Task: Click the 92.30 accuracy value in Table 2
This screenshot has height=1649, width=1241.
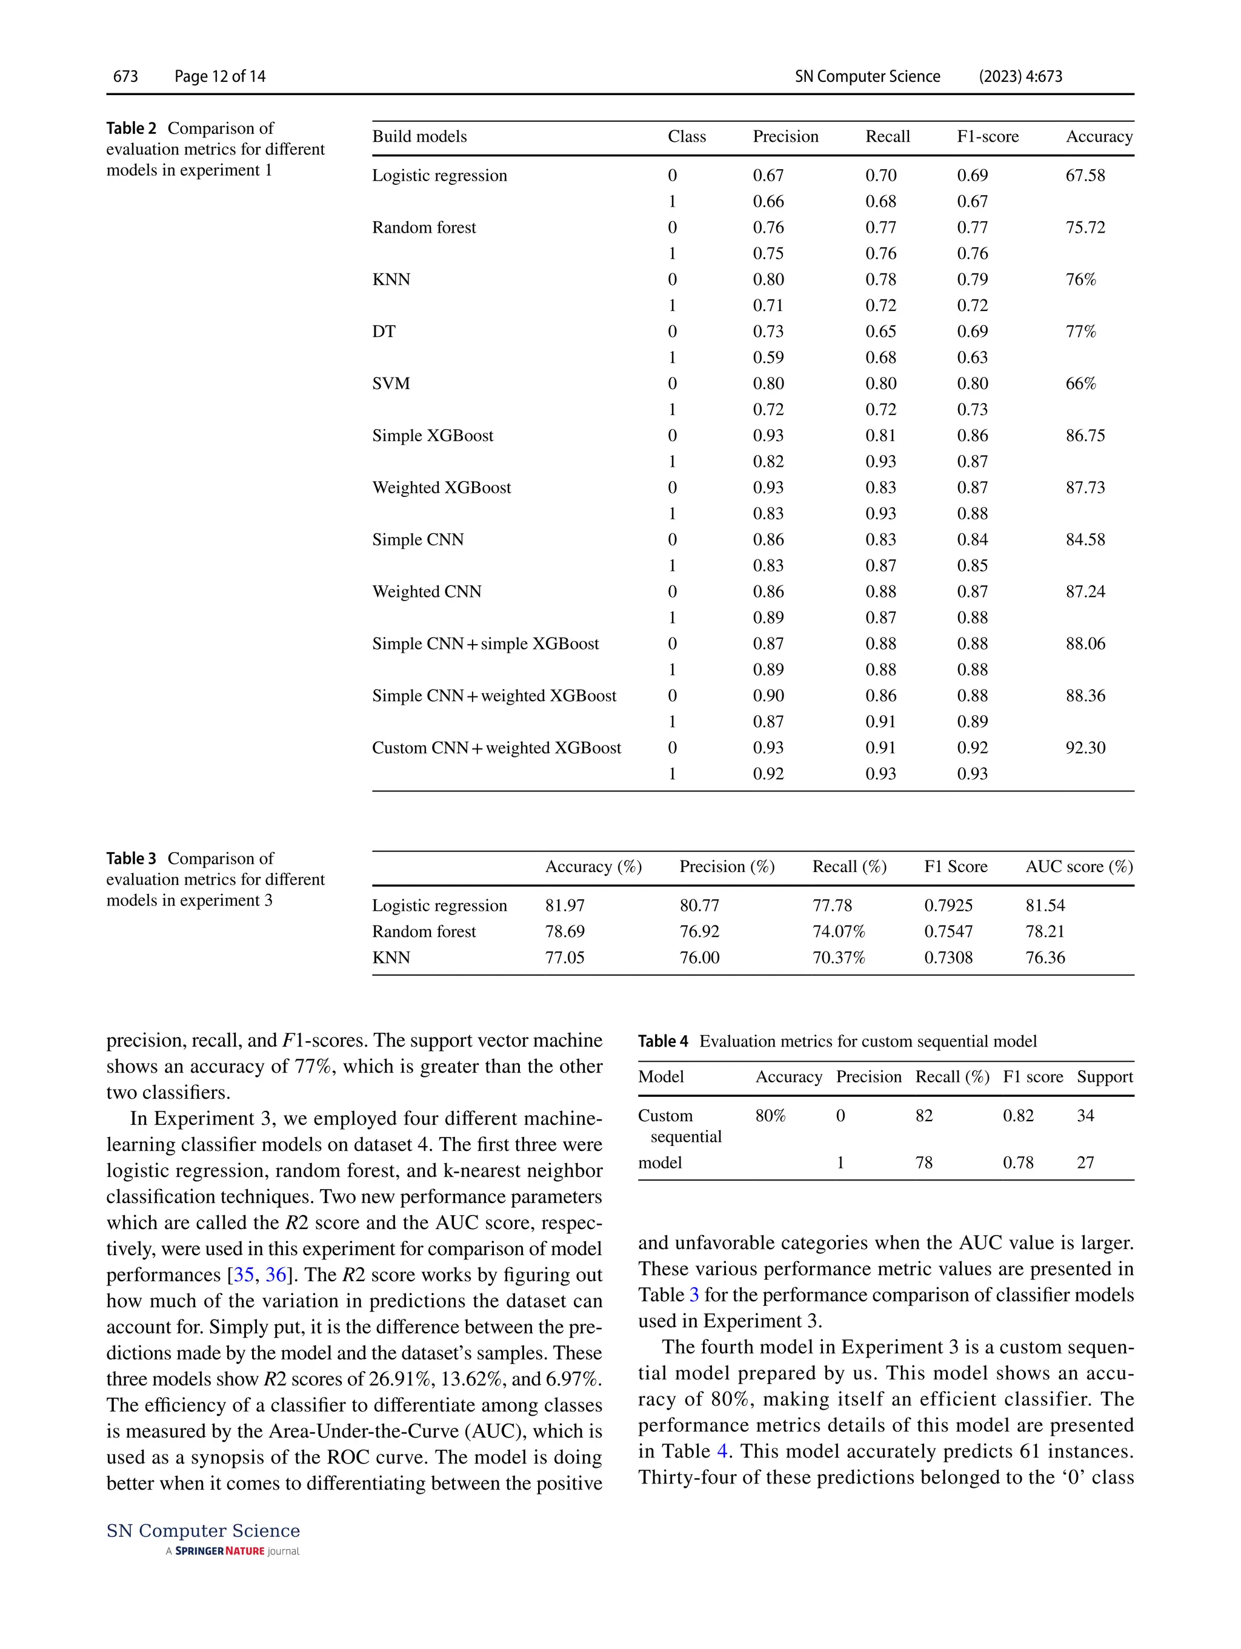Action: click(x=1085, y=748)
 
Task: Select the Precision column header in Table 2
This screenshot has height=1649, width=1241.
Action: click(x=785, y=136)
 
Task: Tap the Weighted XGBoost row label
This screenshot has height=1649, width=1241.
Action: click(x=441, y=487)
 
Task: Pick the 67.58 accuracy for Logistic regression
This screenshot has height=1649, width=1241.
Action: click(x=1085, y=175)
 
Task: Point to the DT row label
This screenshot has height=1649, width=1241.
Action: click(x=384, y=331)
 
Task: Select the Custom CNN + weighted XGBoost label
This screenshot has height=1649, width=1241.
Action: click(x=496, y=748)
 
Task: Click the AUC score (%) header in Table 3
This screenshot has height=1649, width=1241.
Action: click(x=1079, y=866)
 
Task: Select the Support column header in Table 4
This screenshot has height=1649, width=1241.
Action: click(x=1104, y=1076)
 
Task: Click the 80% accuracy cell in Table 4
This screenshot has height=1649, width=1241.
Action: click(x=770, y=1115)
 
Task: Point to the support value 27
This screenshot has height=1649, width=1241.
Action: click(x=1085, y=1162)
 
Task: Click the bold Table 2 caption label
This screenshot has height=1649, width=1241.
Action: click(x=131, y=128)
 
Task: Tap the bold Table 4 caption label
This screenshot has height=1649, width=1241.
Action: click(x=662, y=1041)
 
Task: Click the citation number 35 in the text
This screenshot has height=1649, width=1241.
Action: click(x=244, y=1274)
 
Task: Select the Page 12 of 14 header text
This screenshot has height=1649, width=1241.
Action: click(x=220, y=76)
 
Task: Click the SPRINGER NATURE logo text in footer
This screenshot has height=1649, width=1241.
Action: click(x=220, y=1551)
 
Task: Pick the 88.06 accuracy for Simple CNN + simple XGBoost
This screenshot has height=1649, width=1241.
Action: click(x=1085, y=644)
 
